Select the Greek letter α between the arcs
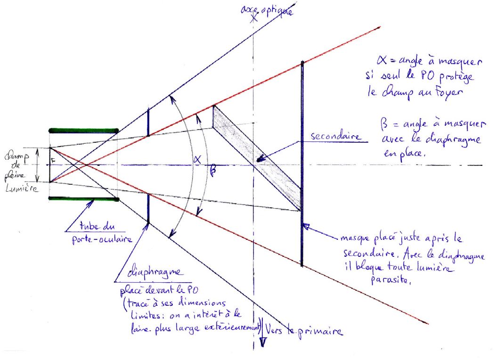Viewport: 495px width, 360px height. point(197,161)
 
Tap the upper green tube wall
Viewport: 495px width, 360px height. point(83,130)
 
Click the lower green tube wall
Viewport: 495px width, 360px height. point(83,199)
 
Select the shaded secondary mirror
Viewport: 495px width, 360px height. point(257,158)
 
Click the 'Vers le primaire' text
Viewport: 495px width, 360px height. point(304,331)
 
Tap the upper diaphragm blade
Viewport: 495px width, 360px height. point(148,122)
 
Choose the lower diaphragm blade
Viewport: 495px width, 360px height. point(148,207)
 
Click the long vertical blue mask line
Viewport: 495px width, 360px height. point(302,165)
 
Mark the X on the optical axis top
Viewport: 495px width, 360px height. point(254,17)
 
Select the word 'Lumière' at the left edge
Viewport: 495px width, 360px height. point(19,188)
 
